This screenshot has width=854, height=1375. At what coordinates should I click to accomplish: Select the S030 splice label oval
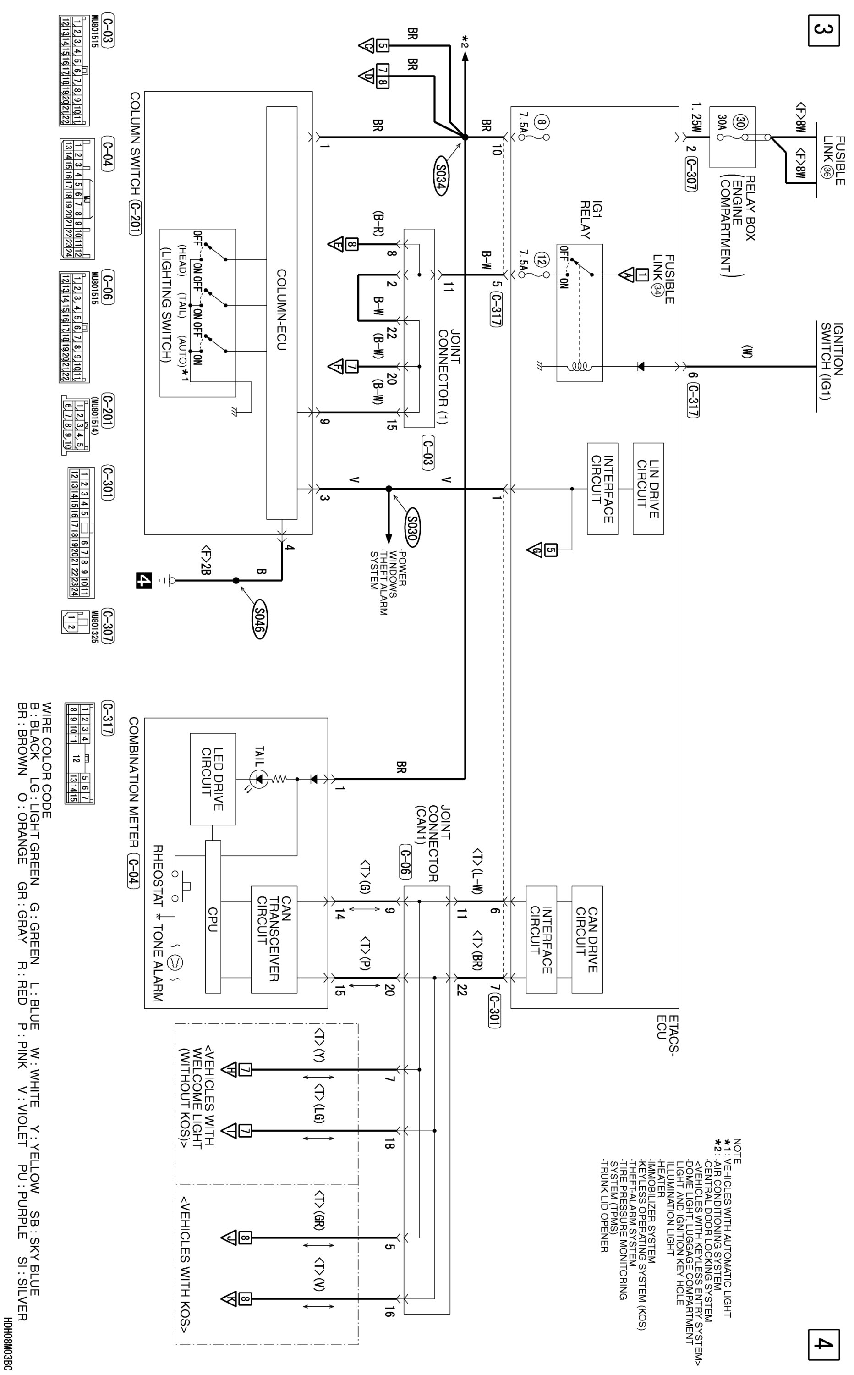click(412, 530)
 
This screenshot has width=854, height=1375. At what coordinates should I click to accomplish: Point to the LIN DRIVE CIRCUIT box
click(648, 489)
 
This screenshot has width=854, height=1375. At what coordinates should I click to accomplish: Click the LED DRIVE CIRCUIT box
click(213, 779)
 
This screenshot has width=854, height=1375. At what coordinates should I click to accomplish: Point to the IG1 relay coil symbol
click(580, 366)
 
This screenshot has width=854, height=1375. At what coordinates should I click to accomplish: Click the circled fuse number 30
click(740, 122)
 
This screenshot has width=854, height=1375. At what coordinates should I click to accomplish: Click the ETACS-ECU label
click(664, 1033)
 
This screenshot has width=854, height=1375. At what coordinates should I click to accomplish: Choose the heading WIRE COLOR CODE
click(47, 760)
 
